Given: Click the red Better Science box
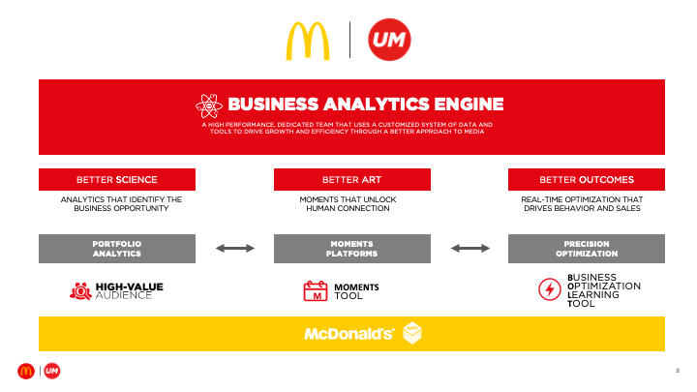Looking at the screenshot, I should (117, 179).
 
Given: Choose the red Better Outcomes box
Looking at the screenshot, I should (587, 179).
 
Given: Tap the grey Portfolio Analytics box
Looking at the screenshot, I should (117, 248).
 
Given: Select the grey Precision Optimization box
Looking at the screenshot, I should (587, 248).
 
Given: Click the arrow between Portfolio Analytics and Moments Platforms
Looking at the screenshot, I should (234, 249).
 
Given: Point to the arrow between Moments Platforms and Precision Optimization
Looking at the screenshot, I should (470, 249).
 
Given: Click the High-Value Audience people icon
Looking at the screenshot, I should (80, 289).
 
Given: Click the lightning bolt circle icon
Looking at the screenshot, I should (549, 289).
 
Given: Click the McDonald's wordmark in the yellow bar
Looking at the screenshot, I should (348, 334).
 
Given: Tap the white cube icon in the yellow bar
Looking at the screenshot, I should (412, 333).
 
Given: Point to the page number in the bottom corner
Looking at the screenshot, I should (677, 371).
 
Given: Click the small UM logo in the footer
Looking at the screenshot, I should (52, 371).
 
